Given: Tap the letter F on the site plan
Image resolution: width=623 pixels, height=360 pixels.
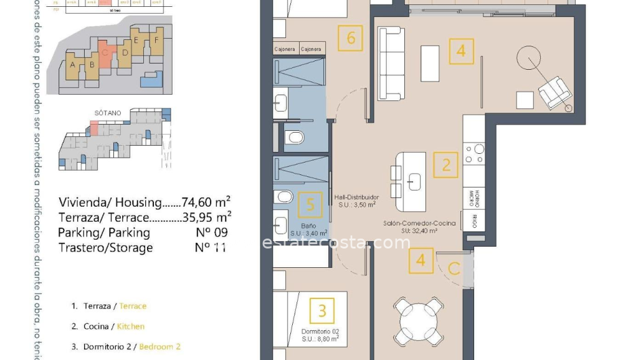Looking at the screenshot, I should tap(157, 40).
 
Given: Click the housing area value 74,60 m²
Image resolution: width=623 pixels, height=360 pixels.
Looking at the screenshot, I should tap(206, 202).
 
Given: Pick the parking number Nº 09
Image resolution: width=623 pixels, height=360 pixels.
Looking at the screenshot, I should tap(211, 232).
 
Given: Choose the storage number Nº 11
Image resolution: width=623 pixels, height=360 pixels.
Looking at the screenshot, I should tap(211, 247).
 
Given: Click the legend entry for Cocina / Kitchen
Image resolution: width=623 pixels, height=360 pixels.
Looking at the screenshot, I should tap(113, 326).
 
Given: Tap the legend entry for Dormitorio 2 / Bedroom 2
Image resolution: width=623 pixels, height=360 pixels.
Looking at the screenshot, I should tap(131, 346).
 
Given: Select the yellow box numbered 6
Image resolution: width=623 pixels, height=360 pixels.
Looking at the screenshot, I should tap(351, 38).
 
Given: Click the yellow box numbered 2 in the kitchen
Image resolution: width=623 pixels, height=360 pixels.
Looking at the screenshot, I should tap(446, 165).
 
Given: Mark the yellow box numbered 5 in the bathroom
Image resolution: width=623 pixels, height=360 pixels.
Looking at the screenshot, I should tap(311, 204).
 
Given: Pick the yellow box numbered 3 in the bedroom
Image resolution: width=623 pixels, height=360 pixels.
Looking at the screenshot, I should tap(322, 310).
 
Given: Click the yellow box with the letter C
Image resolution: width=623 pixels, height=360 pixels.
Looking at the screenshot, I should tap(454, 269).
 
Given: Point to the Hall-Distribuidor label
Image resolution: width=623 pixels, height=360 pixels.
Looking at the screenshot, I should tap(356, 197).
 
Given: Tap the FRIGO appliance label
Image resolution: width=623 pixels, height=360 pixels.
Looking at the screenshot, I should tap(475, 220).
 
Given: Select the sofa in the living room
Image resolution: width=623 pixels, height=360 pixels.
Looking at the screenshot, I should tap(391, 64).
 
